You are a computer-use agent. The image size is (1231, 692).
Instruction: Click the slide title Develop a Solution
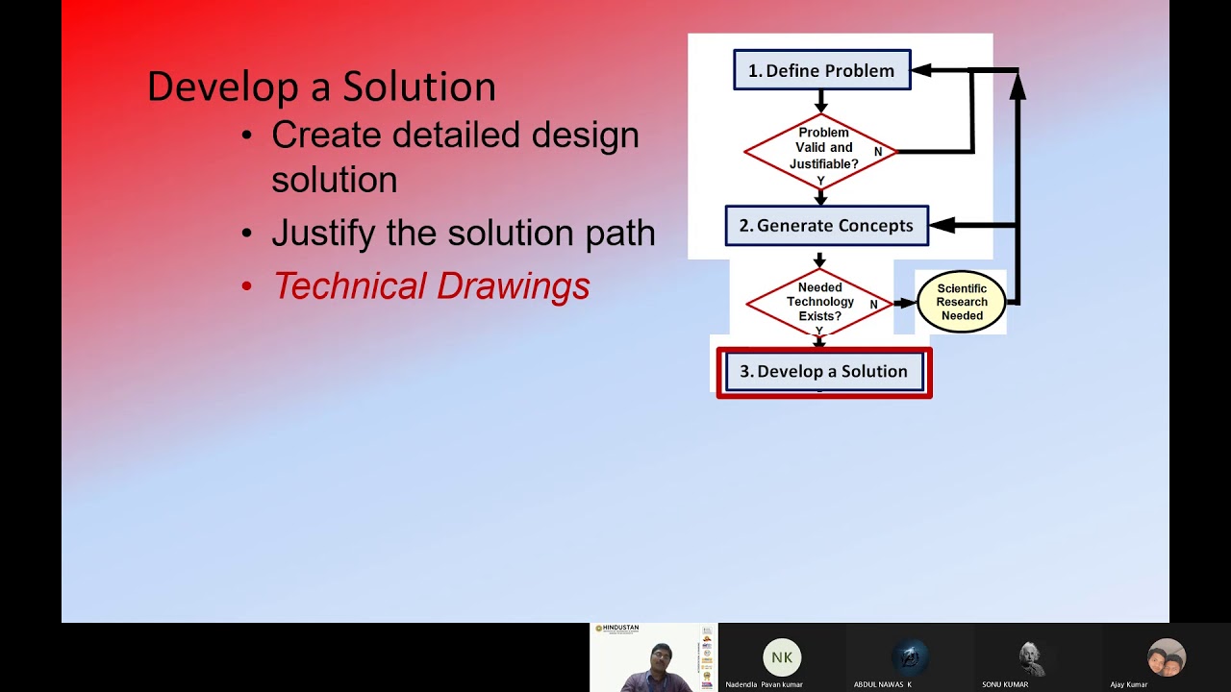[321, 86]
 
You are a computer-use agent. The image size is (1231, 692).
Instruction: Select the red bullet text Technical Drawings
[431, 285]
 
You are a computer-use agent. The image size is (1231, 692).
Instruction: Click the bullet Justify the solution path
[463, 233]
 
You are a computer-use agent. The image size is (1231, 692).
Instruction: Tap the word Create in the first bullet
[326, 135]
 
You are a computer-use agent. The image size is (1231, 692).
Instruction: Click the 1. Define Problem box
[821, 70]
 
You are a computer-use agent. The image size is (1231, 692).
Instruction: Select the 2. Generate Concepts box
[826, 226]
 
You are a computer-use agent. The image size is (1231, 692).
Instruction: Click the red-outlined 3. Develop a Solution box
[824, 372]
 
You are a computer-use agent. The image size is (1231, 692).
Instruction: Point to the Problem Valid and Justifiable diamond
[819, 149]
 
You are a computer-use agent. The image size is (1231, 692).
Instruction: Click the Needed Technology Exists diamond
[818, 302]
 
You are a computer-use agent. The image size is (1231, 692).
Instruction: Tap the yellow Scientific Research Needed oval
[961, 302]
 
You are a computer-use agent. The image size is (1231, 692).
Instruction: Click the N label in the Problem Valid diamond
[878, 152]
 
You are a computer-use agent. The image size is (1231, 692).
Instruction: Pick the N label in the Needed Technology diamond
[874, 305]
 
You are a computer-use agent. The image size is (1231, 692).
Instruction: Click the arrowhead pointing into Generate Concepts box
[942, 225]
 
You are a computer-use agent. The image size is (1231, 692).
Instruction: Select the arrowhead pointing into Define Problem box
[921, 70]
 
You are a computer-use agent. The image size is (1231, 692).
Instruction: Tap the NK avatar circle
[782, 657]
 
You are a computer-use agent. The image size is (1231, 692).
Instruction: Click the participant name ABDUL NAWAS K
[882, 684]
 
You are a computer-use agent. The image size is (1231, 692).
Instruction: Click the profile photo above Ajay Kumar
[1166, 657]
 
